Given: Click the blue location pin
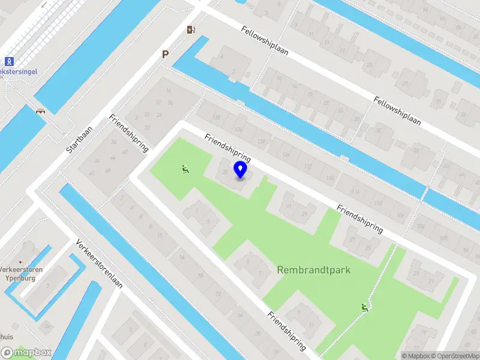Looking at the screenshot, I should coord(241,170).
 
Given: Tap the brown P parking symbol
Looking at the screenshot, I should coord(165,55).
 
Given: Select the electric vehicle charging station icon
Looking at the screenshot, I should coord(191,29).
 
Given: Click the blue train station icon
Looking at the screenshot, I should coord(9,61).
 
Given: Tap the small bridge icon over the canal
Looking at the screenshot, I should coord(41,111).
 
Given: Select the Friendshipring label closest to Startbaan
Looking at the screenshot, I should coord(128,133).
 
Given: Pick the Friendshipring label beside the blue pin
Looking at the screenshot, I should coord(227,149).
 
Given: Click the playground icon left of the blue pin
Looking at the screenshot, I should coord(185,170).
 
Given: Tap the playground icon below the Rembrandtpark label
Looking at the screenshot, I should coord(364,308).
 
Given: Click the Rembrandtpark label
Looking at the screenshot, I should coord(313,270).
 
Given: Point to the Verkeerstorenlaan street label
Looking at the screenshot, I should coord(99,264).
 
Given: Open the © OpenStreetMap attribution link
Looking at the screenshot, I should coord(457,356).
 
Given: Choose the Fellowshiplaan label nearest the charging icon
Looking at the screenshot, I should coord(265,40).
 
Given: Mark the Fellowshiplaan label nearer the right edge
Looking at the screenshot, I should coord(397,110).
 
